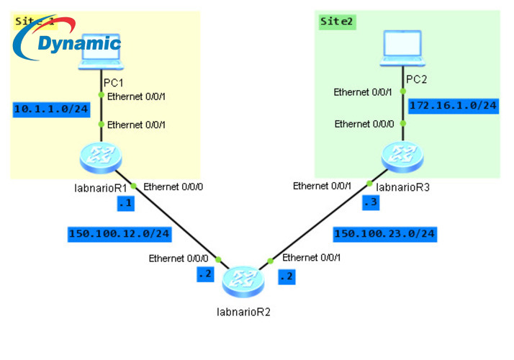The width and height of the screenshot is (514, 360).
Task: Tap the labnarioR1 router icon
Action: (101, 157)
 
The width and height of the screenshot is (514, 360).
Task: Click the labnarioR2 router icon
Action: (243, 279)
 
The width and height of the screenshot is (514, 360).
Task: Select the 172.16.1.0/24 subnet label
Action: (453, 106)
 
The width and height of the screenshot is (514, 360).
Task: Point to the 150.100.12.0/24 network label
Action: (119, 233)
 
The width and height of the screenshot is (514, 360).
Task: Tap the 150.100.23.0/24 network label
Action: (385, 233)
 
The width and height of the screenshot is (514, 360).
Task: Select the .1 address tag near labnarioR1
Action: (125, 204)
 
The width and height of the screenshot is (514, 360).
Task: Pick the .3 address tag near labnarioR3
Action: (369, 203)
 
